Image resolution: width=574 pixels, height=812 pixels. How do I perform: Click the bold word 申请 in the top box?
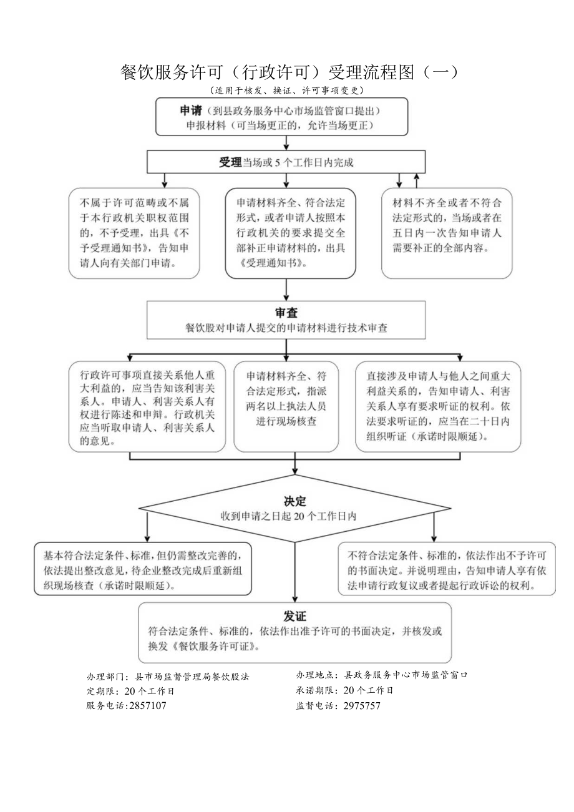191,110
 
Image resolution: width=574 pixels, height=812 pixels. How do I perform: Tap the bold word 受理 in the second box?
230,162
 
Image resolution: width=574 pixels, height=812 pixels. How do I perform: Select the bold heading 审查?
286,313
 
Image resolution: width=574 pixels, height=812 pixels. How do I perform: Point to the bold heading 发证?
295,616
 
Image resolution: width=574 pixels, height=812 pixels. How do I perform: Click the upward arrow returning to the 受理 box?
416,180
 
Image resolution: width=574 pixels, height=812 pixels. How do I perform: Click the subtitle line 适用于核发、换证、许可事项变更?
286,90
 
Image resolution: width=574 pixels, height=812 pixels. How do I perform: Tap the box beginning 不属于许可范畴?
134,233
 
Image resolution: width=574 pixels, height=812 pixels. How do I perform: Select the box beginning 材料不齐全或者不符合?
446,233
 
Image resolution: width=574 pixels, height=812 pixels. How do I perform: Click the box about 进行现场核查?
286,406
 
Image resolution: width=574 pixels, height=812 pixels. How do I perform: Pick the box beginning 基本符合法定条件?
143,569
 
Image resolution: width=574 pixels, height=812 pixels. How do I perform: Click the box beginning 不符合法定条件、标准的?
447,569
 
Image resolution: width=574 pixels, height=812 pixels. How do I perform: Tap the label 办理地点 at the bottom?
316,675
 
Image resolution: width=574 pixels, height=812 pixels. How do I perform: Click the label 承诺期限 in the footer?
316,690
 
